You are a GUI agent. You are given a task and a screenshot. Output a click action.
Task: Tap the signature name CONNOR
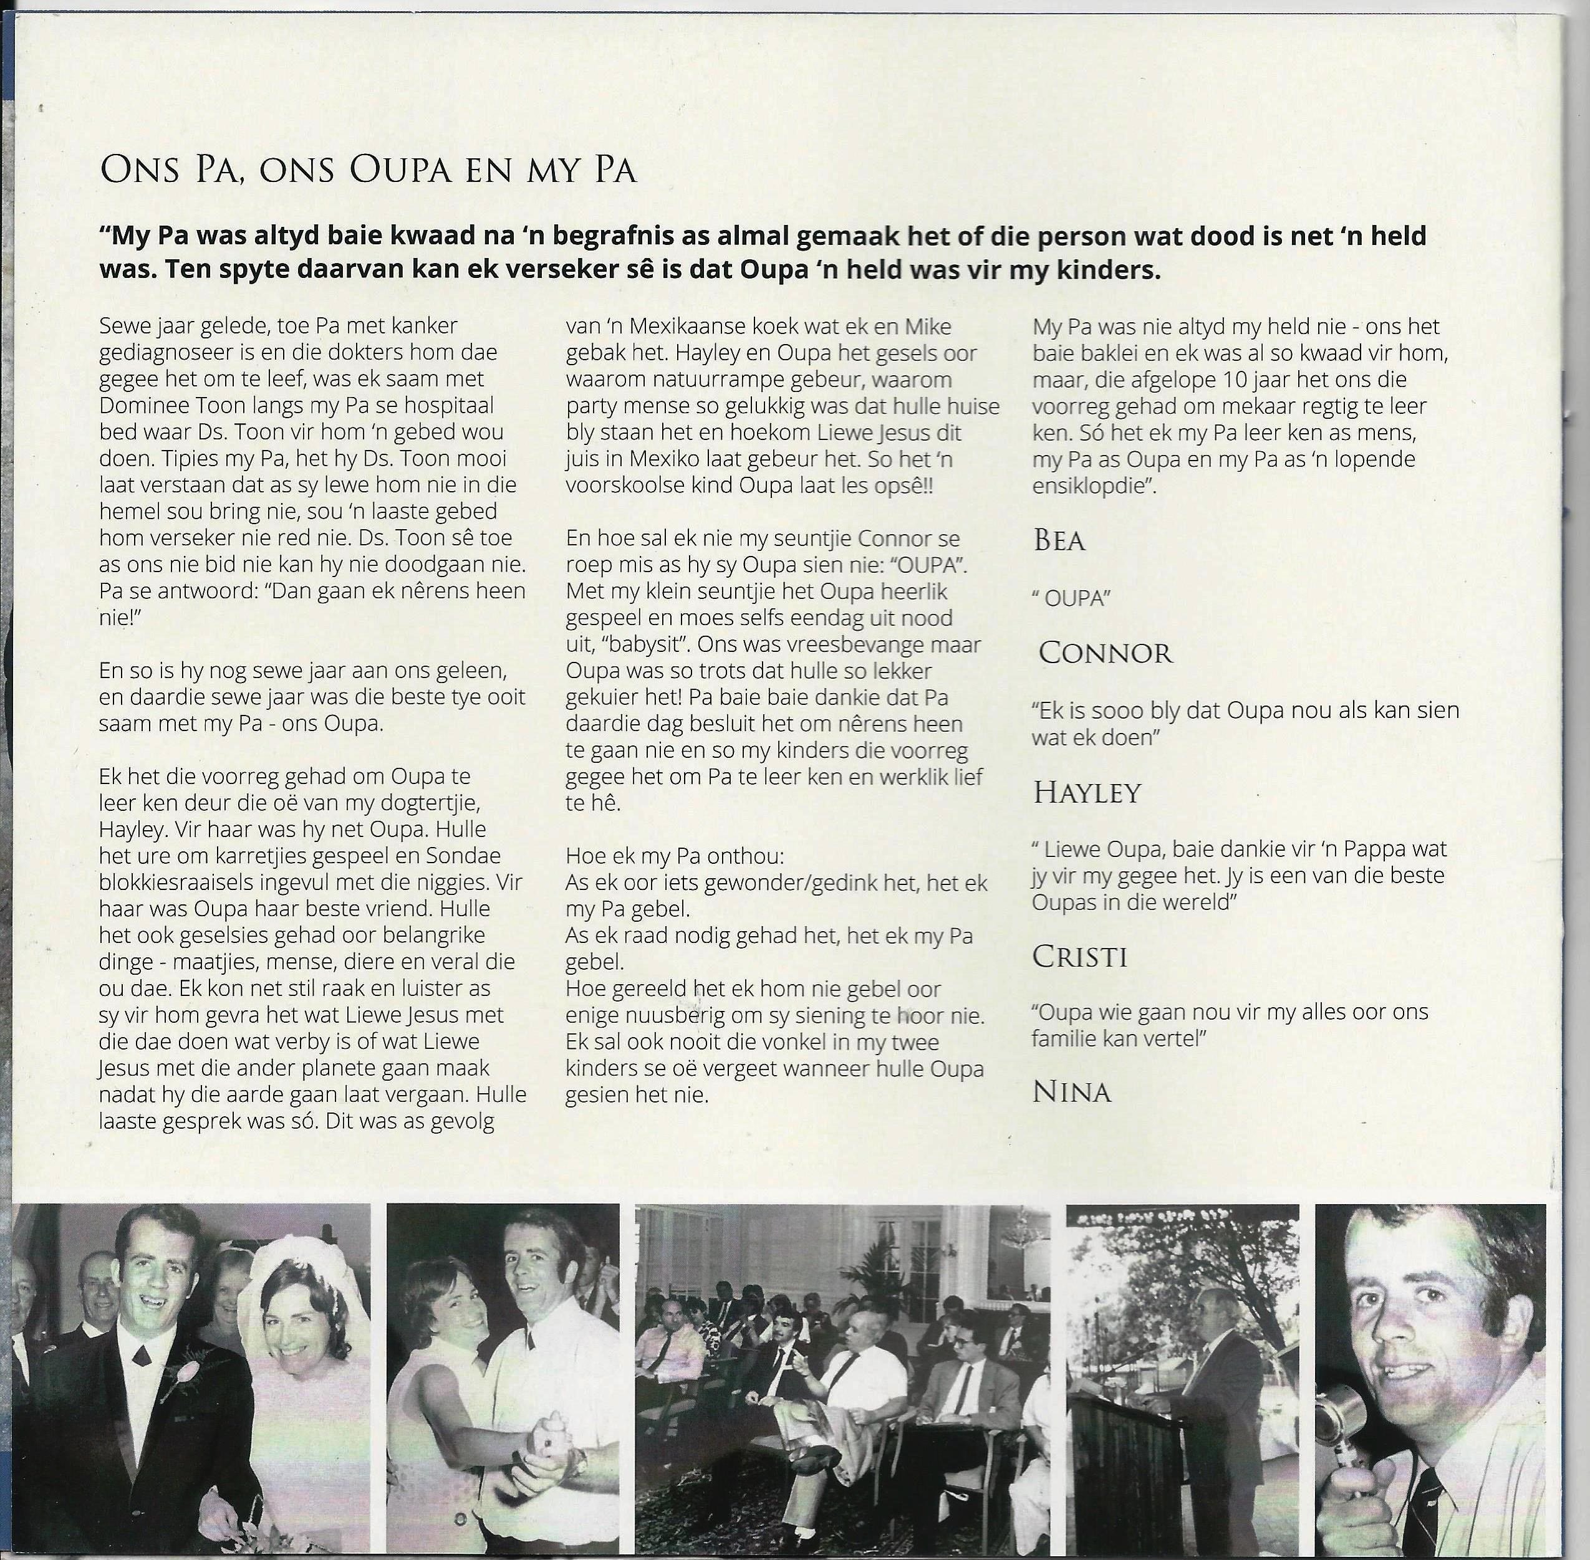tap(1106, 653)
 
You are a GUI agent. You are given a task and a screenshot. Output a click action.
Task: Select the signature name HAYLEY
tap(1087, 792)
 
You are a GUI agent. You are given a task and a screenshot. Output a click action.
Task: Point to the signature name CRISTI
tap(1079, 956)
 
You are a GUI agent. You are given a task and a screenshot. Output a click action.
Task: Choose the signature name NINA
tap(1071, 1092)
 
